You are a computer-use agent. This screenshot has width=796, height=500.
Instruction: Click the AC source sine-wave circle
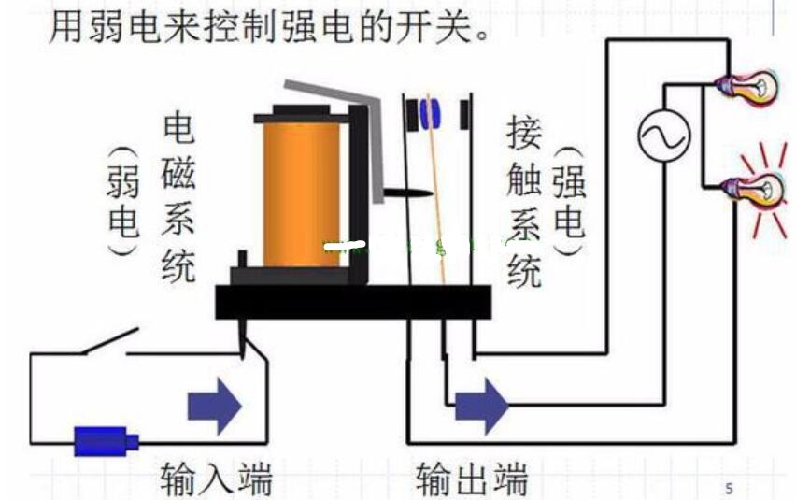coord(663,136)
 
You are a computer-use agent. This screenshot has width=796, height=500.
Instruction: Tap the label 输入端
coord(216,479)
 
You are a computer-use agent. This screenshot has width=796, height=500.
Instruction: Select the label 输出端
coord(472,479)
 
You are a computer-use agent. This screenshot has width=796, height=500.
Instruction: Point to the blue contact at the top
coord(429,113)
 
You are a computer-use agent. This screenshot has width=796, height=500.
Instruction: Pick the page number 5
coord(729,487)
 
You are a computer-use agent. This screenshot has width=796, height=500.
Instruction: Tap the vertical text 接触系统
coord(524,202)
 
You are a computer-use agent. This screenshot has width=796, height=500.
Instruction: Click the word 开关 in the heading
coord(448,25)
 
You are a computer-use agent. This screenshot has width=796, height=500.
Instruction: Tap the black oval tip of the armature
coord(407,193)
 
